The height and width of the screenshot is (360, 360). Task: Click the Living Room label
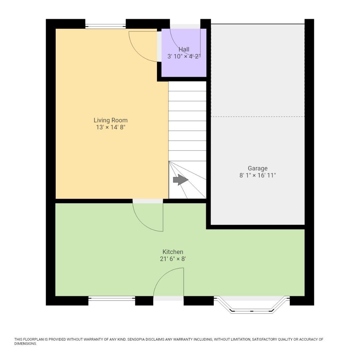point(110,120)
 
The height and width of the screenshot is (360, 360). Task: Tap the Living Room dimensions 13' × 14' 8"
point(110,127)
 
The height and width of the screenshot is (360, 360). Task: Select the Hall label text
point(184,50)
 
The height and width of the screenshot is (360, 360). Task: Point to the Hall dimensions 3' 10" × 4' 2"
point(184,56)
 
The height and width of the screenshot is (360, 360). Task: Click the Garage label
point(257,168)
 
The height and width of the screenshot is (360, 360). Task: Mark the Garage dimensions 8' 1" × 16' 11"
point(257,175)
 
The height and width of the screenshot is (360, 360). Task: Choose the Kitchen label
point(173,252)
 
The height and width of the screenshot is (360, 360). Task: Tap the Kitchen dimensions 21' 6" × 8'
point(173,259)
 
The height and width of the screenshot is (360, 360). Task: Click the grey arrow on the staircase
point(180,180)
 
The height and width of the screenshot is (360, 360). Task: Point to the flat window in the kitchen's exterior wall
point(112,300)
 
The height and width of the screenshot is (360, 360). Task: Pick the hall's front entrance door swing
point(185,42)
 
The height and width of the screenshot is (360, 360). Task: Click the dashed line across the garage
point(258,117)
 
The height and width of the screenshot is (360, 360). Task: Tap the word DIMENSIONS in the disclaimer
point(25,344)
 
